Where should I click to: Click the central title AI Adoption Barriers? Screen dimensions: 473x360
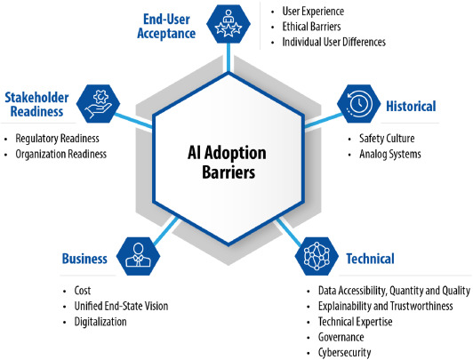click(227, 163)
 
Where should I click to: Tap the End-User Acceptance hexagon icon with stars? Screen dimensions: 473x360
click(228, 24)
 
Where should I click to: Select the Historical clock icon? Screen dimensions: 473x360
click(358, 104)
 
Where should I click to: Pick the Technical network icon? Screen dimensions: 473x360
click(317, 256)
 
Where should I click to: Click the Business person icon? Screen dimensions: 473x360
click(138, 256)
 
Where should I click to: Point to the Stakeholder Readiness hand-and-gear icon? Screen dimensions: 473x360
click(98, 104)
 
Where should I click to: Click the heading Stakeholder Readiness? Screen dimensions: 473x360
click(36, 104)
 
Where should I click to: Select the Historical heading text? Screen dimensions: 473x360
click(411, 106)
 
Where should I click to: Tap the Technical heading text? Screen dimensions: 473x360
click(370, 259)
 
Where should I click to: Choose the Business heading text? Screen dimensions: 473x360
click(84, 259)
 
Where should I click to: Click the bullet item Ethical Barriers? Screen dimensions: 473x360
click(311, 27)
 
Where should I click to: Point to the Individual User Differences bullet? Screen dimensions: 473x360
click(334, 42)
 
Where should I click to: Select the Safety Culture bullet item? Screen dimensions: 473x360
click(387, 139)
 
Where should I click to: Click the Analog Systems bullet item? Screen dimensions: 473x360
click(390, 154)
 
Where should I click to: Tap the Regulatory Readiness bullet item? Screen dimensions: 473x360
click(57, 139)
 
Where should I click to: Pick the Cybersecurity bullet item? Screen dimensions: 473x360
click(344, 353)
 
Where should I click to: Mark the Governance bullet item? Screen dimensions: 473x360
click(341, 337)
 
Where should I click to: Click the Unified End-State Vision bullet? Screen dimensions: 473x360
click(121, 306)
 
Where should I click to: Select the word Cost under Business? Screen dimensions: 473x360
click(83, 291)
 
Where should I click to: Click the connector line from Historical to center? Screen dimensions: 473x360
click(324, 121)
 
